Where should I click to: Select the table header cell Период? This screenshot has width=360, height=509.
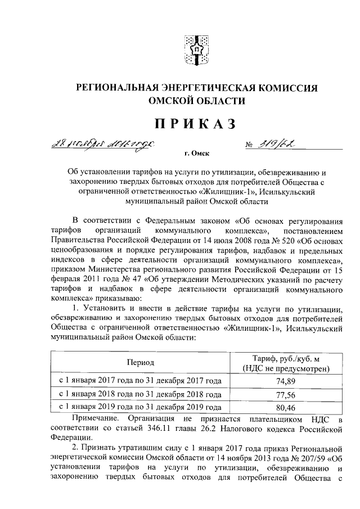[140, 363]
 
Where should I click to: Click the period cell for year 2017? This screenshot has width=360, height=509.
[140, 381]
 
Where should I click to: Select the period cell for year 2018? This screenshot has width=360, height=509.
[140, 394]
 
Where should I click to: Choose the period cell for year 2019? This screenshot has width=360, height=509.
[140, 407]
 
